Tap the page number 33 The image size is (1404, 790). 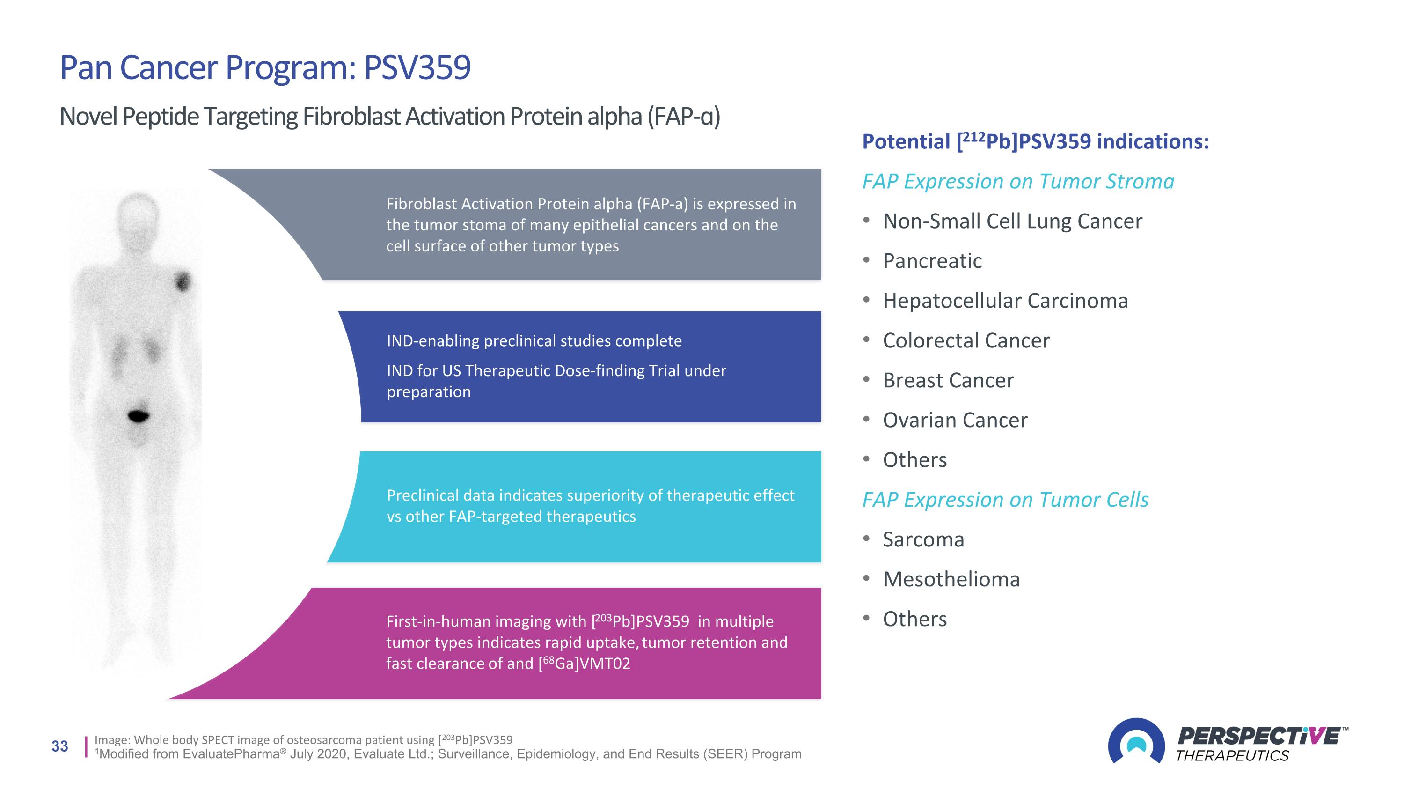(60, 746)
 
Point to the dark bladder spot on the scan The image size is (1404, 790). (139, 416)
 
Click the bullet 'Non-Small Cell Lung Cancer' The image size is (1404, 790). (1013, 221)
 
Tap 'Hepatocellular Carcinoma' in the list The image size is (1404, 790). (1006, 301)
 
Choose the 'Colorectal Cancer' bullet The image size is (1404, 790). (966, 341)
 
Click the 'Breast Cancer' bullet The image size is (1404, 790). (948, 381)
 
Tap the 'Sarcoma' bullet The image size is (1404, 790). (924, 540)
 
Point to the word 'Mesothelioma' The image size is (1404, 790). (951, 580)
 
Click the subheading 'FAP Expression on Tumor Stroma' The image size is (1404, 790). (1018, 182)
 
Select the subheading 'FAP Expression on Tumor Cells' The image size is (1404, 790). (1006, 500)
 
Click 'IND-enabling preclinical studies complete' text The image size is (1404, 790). (534, 341)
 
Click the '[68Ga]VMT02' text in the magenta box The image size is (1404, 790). (584, 663)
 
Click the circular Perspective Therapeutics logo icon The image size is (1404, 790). (1136, 741)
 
